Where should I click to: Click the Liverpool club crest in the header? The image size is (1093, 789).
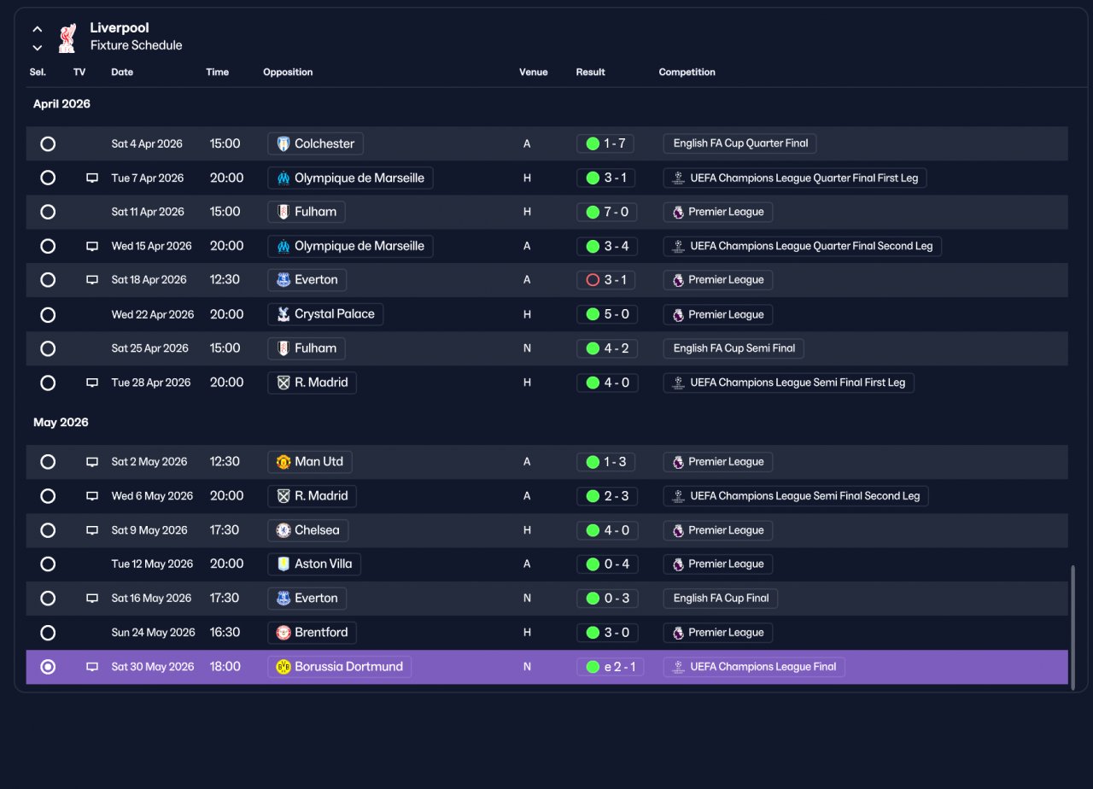(67, 38)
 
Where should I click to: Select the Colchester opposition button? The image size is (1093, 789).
(315, 143)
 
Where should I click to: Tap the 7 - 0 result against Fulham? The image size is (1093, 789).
(606, 212)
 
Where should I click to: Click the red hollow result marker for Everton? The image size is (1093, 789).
(593, 280)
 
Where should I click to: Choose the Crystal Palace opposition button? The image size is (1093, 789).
(325, 314)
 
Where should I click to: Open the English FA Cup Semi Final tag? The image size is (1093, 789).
(734, 348)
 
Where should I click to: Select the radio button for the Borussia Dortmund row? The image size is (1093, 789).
(48, 667)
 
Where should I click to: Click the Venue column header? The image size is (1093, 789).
(534, 73)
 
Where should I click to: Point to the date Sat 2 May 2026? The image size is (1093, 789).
(149, 462)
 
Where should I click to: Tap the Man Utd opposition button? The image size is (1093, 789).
(309, 462)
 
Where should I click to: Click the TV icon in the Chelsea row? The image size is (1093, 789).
(92, 530)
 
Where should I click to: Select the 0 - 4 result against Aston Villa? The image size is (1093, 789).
(607, 564)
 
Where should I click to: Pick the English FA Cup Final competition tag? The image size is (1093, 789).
(720, 599)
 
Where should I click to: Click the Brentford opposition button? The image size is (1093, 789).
(312, 633)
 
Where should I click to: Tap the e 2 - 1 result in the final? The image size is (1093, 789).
(610, 667)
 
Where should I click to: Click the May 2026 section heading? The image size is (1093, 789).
(61, 423)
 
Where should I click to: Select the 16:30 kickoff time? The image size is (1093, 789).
(225, 633)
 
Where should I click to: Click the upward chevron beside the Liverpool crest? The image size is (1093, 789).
(37, 29)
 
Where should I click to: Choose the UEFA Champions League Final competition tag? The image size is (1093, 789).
(754, 667)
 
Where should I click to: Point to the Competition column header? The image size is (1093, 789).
(687, 73)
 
